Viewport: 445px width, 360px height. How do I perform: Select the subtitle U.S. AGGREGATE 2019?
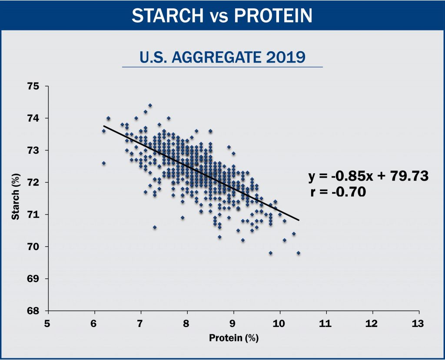[222, 57]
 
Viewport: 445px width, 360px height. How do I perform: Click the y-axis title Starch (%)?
[16, 196]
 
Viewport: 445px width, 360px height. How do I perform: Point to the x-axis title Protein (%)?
[234, 338]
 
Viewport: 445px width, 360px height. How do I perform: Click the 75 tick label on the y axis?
[33, 86]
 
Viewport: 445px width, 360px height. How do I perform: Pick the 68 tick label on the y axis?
[33, 310]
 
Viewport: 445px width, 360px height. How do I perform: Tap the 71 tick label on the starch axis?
[33, 215]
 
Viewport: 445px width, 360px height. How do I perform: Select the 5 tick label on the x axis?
[47, 324]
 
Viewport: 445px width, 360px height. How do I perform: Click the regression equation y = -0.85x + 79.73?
[369, 176]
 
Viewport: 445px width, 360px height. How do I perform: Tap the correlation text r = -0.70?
[338, 192]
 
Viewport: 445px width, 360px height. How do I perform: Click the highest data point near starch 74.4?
[150, 105]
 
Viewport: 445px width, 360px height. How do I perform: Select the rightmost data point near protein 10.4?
[298, 253]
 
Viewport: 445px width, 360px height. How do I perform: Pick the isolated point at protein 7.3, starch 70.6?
[155, 227]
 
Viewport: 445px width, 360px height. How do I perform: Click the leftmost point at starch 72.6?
[103, 163]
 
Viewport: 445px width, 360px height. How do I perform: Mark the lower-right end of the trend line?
[299, 220]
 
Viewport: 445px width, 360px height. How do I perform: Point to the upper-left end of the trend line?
[103, 126]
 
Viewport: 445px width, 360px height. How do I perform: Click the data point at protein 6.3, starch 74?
[108, 118]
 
